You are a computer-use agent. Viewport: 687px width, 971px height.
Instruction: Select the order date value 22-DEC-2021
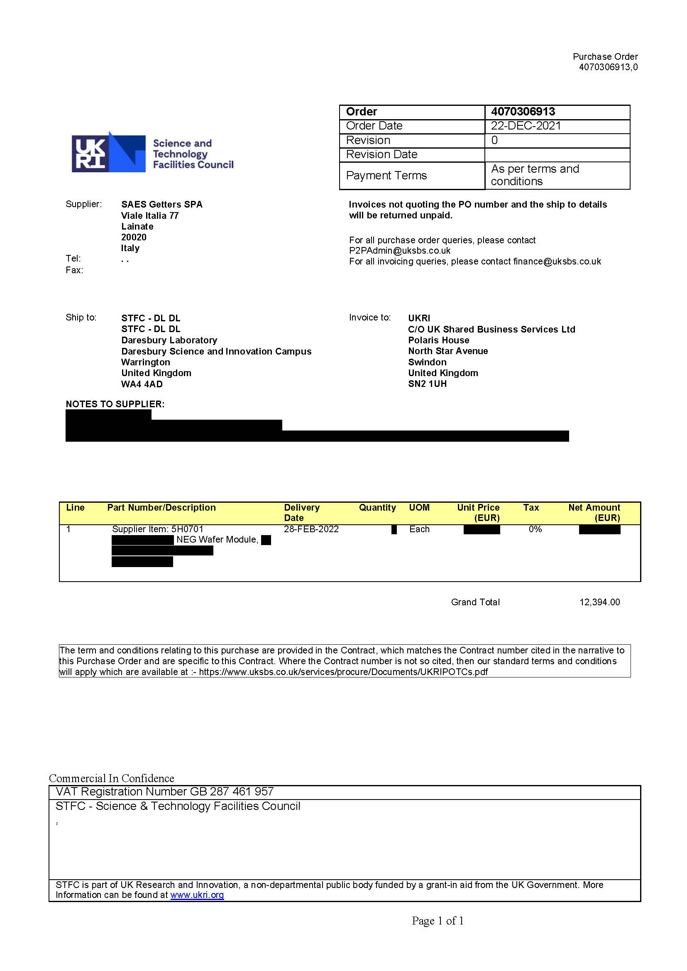click(526, 126)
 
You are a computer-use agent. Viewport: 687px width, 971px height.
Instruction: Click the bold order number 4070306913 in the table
click(523, 112)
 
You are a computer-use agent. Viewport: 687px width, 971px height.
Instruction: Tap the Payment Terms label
click(386, 176)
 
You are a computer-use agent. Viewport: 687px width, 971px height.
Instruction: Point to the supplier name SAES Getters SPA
click(161, 204)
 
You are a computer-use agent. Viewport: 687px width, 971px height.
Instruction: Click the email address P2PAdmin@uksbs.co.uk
click(399, 250)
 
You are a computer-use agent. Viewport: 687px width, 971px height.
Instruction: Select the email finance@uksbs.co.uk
click(557, 262)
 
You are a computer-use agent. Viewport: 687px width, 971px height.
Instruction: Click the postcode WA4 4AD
click(142, 384)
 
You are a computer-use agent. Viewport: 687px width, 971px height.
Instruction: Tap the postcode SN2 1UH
click(427, 384)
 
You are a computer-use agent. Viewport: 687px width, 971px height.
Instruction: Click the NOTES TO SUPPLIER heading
click(115, 404)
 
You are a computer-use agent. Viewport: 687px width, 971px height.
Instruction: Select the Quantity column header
click(377, 508)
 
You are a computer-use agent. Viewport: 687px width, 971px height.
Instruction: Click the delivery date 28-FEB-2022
click(311, 529)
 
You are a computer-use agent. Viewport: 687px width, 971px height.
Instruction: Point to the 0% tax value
click(535, 529)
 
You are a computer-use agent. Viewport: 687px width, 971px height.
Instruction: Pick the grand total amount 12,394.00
click(599, 602)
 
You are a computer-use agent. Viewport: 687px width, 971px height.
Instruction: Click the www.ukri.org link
click(197, 895)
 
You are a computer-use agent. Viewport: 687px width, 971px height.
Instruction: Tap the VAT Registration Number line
click(164, 792)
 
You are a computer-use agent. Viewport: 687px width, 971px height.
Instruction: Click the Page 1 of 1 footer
click(438, 921)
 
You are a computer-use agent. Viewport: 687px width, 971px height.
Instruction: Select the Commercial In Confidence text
click(111, 778)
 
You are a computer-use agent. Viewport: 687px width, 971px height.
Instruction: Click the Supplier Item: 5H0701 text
click(157, 529)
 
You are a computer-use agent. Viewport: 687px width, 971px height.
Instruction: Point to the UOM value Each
click(419, 529)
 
